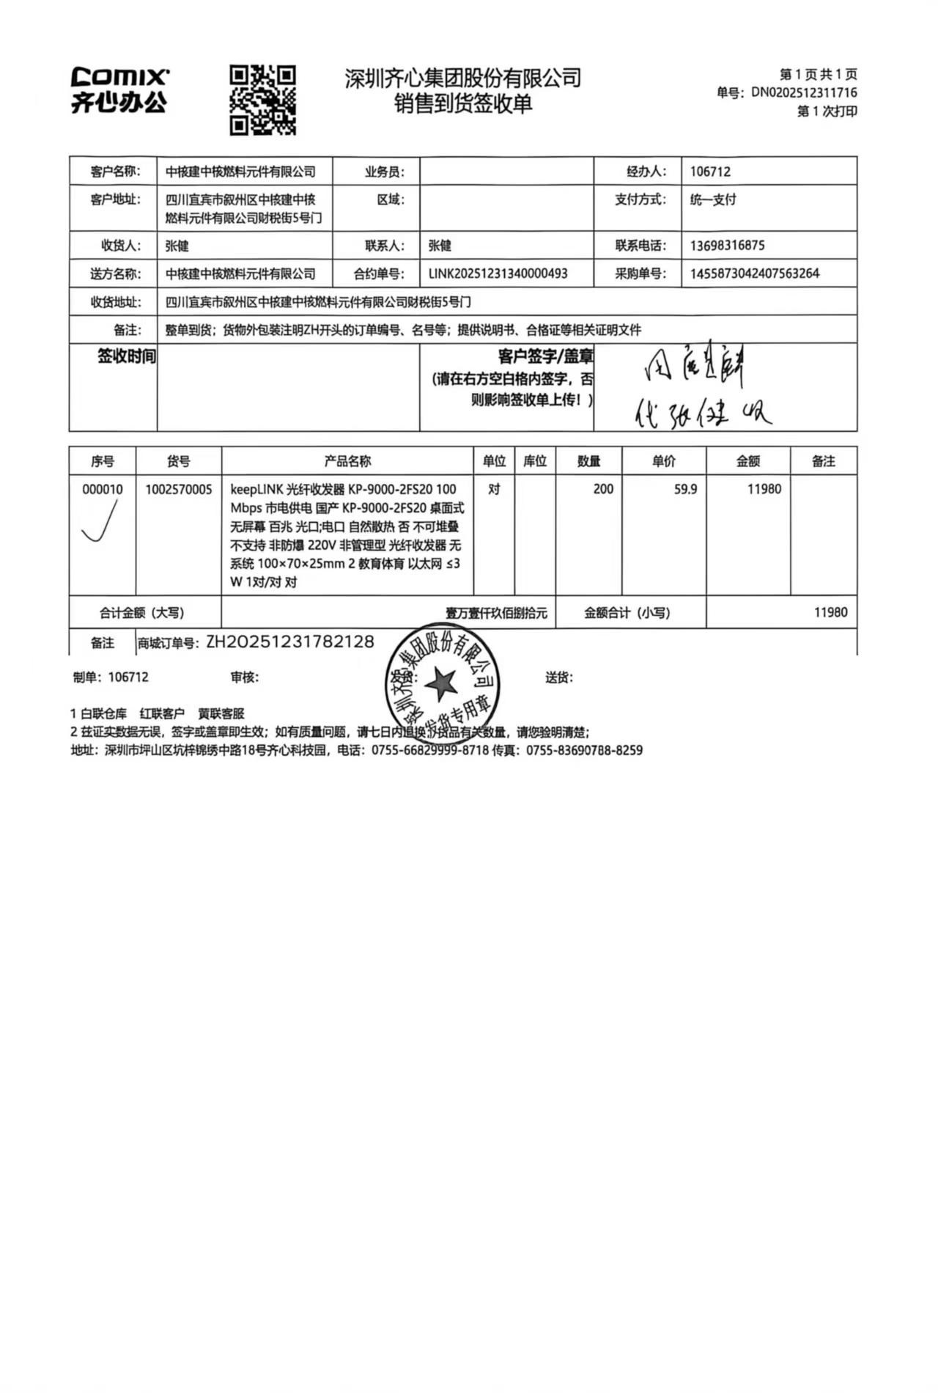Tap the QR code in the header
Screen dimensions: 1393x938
(262, 100)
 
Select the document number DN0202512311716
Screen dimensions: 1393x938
(804, 92)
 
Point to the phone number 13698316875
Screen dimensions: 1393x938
(727, 246)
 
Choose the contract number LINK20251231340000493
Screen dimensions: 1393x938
(498, 273)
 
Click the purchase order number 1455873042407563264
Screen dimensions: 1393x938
(755, 273)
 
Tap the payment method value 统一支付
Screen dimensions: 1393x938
(713, 199)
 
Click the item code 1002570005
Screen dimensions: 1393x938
(178, 489)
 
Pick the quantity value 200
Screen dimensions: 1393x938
(603, 489)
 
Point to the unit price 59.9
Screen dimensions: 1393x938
(685, 489)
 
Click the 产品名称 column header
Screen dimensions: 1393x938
(347, 461)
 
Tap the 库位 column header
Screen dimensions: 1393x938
(535, 461)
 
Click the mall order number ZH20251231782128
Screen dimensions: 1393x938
(290, 642)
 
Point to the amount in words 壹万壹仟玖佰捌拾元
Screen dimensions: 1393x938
(496, 613)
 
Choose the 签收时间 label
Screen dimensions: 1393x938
(127, 357)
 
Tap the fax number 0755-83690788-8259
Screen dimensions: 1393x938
(584, 750)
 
